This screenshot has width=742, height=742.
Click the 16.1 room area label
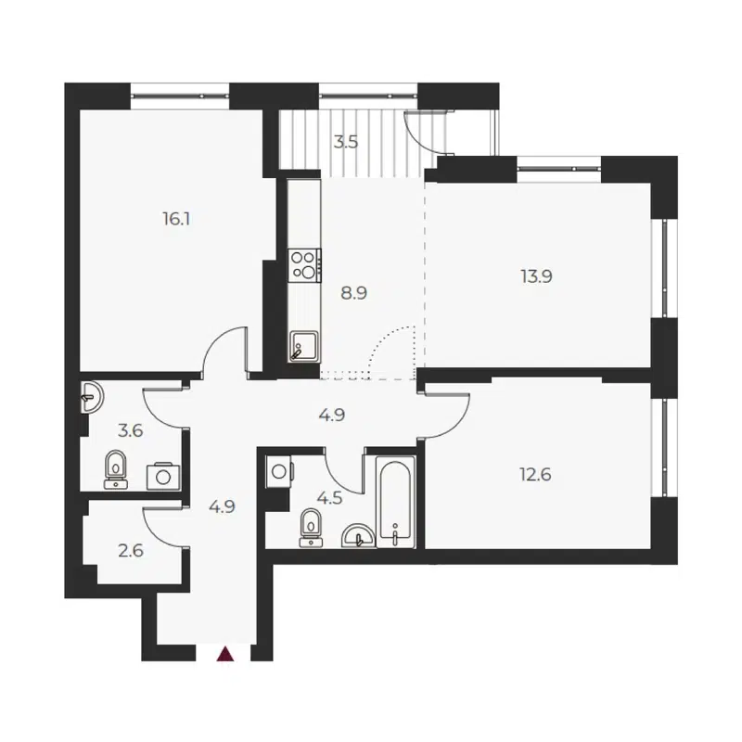(x=176, y=220)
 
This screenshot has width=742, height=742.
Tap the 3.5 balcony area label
(x=346, y=143)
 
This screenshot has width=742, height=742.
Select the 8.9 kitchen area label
(x=354, y=293)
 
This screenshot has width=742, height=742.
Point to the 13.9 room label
(x=536, y=275)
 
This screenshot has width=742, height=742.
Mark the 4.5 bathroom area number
(x=330, y=497)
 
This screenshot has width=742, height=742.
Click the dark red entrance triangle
(x=224, y=655)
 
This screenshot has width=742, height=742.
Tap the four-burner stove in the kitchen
(x=303, y=266)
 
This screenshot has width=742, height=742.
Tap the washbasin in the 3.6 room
(x=91, y=398)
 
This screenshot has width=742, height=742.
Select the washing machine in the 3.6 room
(x=164, y=475)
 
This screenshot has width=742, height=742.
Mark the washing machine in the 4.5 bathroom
(x=279, y=470)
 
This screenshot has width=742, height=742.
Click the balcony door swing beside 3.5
(x=429, y=132)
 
